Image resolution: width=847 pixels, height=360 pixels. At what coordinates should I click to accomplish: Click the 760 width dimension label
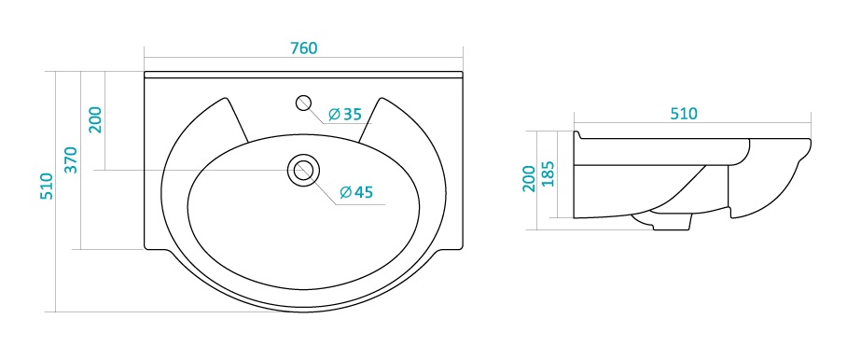[303, 48]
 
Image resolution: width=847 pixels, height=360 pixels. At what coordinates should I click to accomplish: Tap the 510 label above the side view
[684, 114]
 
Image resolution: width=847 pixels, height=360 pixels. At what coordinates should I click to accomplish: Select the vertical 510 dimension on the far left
[48, 187]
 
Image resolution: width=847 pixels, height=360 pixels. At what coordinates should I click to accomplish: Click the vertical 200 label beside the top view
[96, 119]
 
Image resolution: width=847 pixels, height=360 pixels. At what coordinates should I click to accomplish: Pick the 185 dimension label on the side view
[548, 173]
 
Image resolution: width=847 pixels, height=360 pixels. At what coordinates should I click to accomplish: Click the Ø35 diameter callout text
[344, 114]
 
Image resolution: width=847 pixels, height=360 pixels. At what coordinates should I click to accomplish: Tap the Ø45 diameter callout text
[356, 191]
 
